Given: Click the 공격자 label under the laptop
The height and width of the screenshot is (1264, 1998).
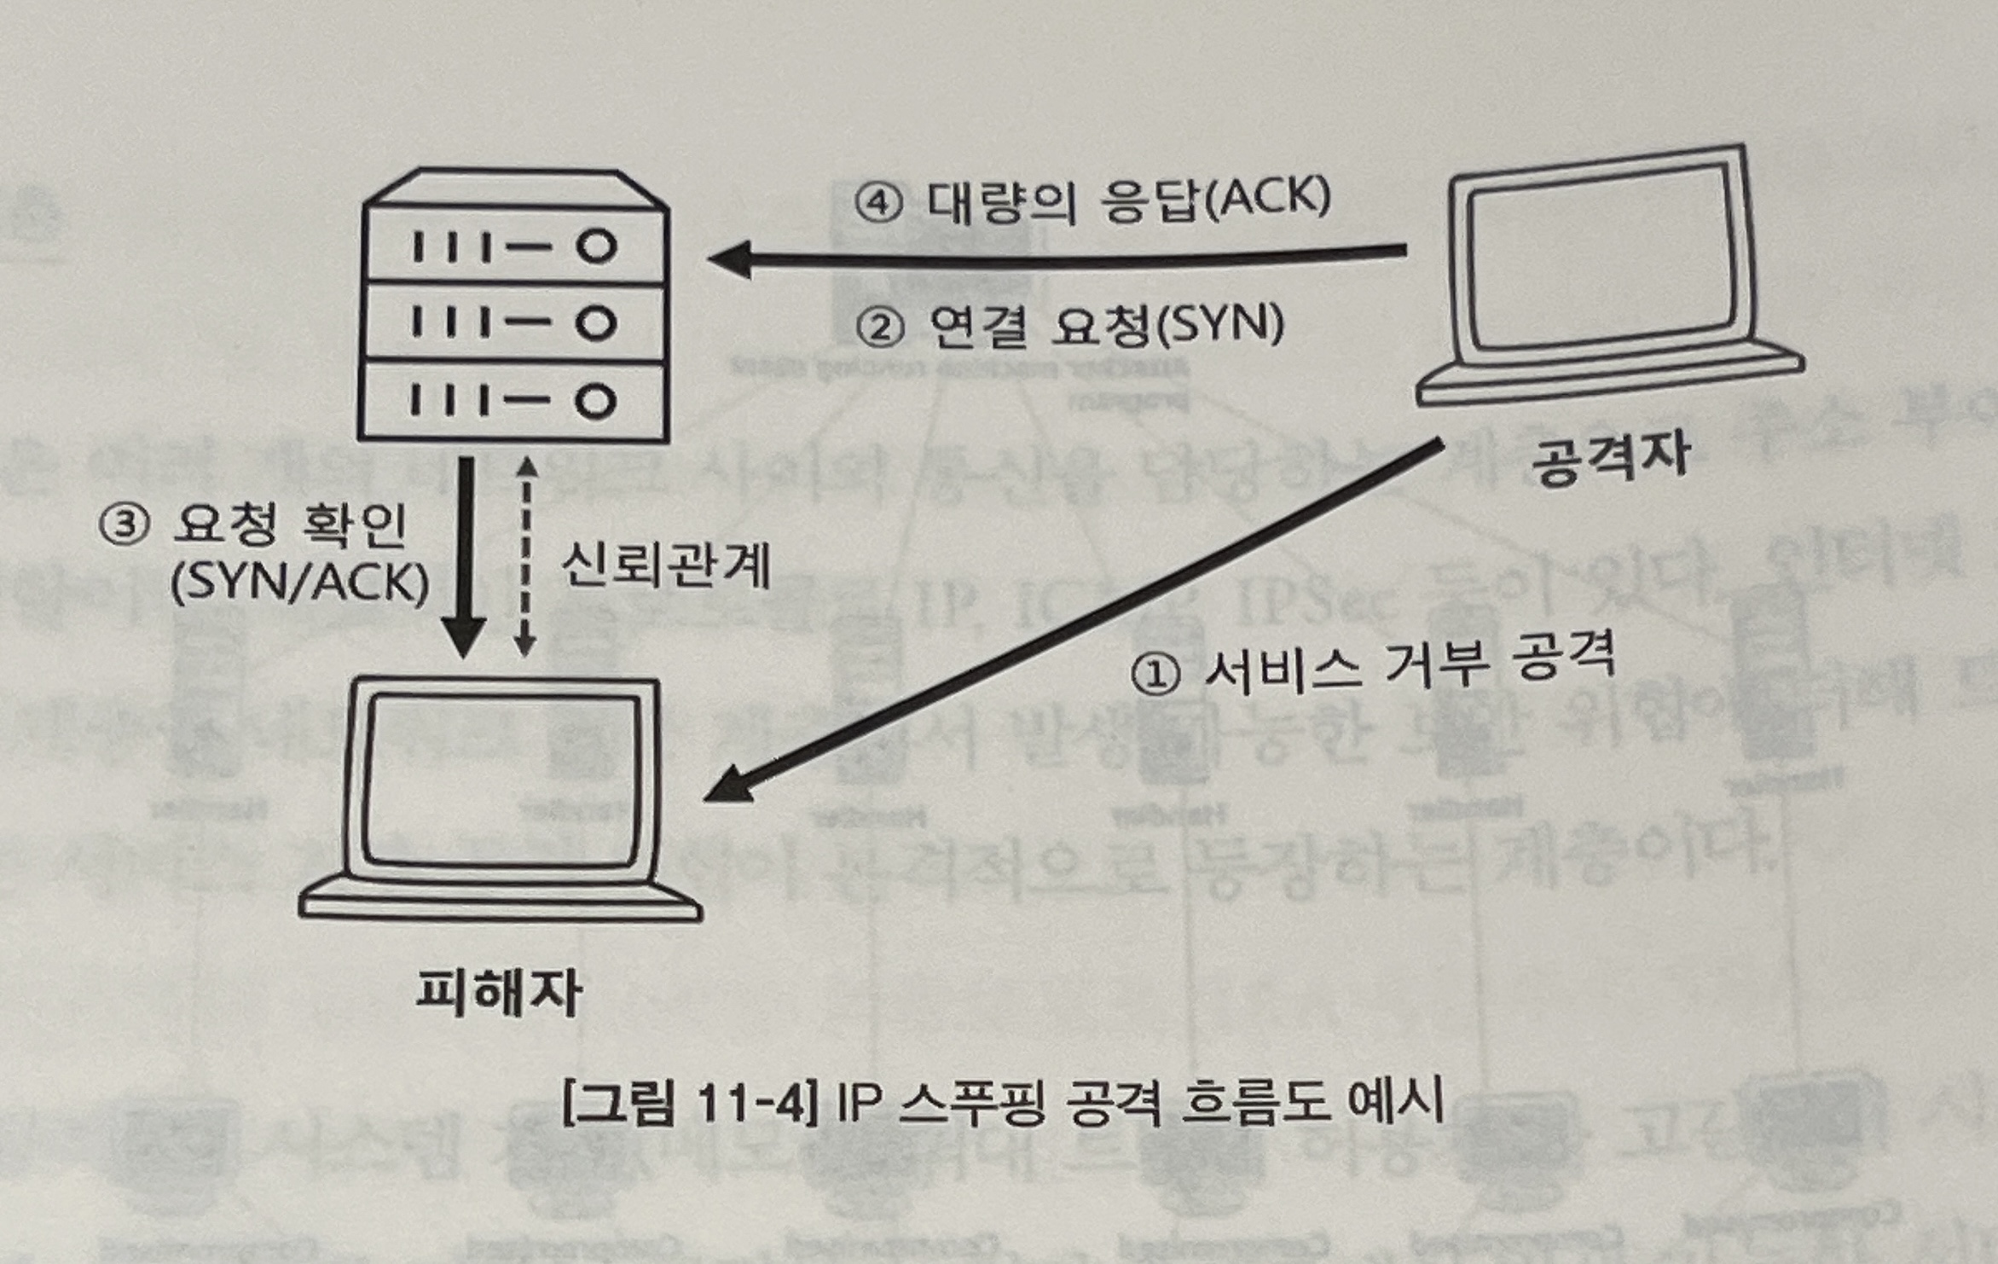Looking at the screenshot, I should tap(1610, 458).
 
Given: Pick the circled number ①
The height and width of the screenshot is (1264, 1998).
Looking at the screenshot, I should tap(1155, 675).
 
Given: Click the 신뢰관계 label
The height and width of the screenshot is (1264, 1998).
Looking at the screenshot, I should tap(665, 565).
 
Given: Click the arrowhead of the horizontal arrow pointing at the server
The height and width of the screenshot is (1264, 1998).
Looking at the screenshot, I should tap(729, 258).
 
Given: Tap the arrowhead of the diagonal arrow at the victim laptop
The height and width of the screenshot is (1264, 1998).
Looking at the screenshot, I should tap(725, 786).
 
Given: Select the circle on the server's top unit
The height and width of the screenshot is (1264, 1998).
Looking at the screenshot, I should tap(596, 246).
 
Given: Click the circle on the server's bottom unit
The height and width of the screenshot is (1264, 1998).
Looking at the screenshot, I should tap(595, 401).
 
